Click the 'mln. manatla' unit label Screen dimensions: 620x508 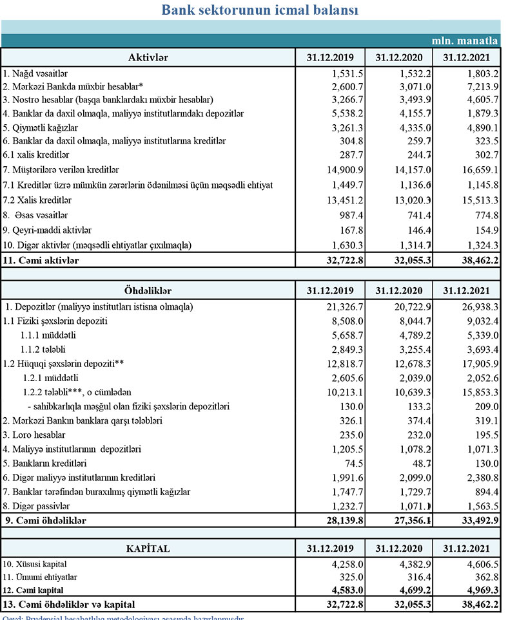pyautogui.click(x=469, y=40)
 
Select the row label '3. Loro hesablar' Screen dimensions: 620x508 pyautogui.click(x=38, y=435)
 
